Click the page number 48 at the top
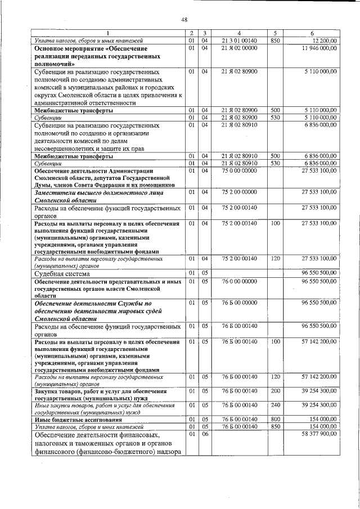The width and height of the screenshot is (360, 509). [184, 20]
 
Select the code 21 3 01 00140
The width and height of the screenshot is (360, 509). [239, 41]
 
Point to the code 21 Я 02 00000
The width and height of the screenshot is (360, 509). [239, 49]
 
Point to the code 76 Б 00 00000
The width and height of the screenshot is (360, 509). [239, 303]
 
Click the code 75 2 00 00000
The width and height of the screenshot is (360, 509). [239, 192]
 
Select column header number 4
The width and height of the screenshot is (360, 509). [239, 34]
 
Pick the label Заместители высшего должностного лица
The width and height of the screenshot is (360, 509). [85, 192]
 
